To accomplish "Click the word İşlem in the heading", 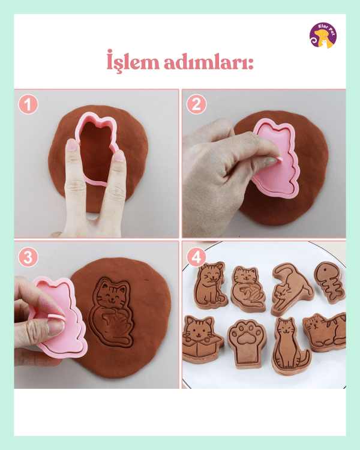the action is point(133,61).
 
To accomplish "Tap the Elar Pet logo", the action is point(323,35).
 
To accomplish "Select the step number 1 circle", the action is point(28,104).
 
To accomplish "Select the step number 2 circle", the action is point(196,104).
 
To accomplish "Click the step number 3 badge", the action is point(28,257).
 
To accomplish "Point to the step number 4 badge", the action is point(196,257).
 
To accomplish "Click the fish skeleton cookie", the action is point(329,283).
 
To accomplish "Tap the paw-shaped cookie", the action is point(247,344).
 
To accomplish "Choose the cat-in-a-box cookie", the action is point(202,340).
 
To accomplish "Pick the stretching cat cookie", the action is point(292,289).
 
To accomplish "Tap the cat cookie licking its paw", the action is point(210,285).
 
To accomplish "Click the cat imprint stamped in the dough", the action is point(112,312).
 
